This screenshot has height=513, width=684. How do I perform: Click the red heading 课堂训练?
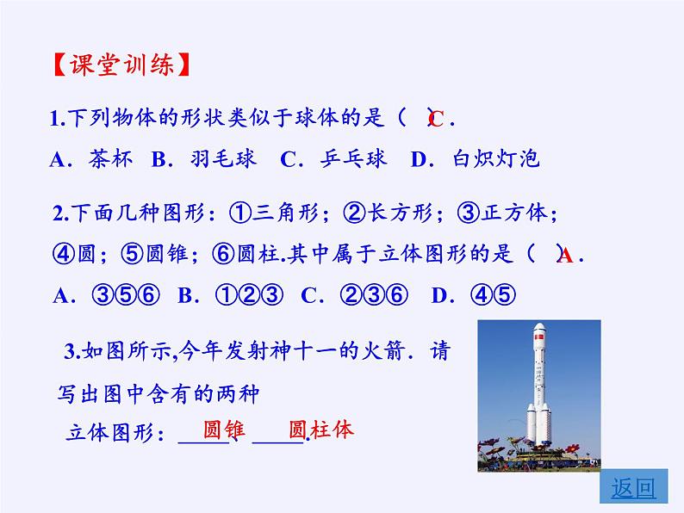[122, 65]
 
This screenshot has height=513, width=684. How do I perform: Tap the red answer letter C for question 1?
[436, 119]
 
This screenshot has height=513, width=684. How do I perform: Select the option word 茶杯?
[110, 158]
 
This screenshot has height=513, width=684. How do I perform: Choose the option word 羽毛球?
[223, 158]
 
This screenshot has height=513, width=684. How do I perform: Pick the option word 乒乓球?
[353, 158]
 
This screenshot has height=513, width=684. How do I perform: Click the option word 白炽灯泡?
[496, 158]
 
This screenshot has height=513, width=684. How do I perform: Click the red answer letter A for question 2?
[565, 256]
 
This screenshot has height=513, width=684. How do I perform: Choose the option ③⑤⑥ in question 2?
[126, 295]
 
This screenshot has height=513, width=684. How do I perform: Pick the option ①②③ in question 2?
[249, 295]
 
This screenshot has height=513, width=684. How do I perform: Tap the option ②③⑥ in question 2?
[374, 295]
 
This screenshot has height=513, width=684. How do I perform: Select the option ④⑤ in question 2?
[494, 295]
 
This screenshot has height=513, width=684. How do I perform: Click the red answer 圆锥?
[224, 430]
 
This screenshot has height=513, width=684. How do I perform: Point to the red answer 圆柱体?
[321, 430]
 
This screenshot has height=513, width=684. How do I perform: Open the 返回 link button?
[633, 486]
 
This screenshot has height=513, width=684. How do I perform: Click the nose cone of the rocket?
[539, 329]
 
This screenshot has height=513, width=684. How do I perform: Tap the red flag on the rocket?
[539, 337]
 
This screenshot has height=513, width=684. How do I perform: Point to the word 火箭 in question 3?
[382, 351]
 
